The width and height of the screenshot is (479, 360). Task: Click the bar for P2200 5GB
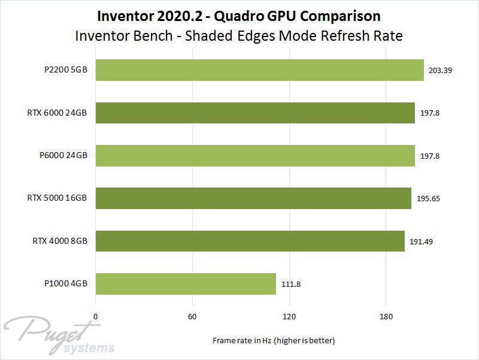259,70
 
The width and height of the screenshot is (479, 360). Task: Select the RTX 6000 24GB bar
255,113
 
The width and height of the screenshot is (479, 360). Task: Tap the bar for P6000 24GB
255,155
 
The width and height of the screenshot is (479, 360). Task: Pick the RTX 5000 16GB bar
253,198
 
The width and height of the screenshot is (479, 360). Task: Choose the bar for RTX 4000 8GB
250,241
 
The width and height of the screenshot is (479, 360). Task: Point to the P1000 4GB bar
186,284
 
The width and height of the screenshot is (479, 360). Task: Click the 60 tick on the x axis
192,316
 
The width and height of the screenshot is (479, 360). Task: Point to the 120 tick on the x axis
289,316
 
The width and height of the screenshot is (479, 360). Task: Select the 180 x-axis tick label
386,316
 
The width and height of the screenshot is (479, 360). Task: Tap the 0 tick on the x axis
95,316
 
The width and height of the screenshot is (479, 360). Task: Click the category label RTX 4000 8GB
60,241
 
